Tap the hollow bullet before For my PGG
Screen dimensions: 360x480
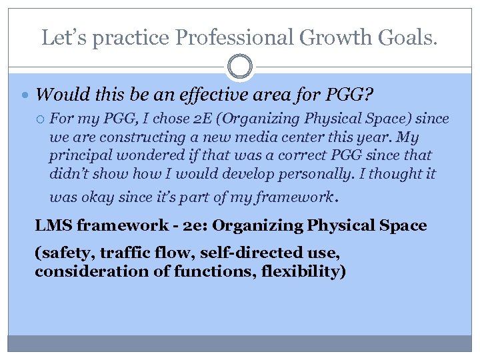(x=41, y=119)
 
